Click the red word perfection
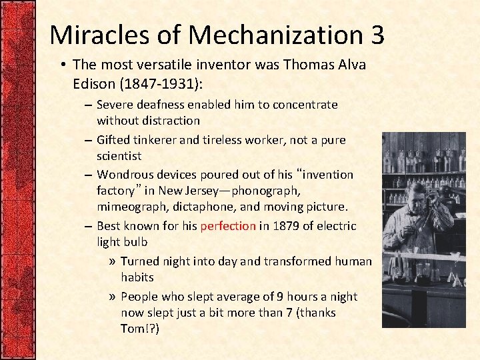(228, 226)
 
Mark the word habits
(137, 277)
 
